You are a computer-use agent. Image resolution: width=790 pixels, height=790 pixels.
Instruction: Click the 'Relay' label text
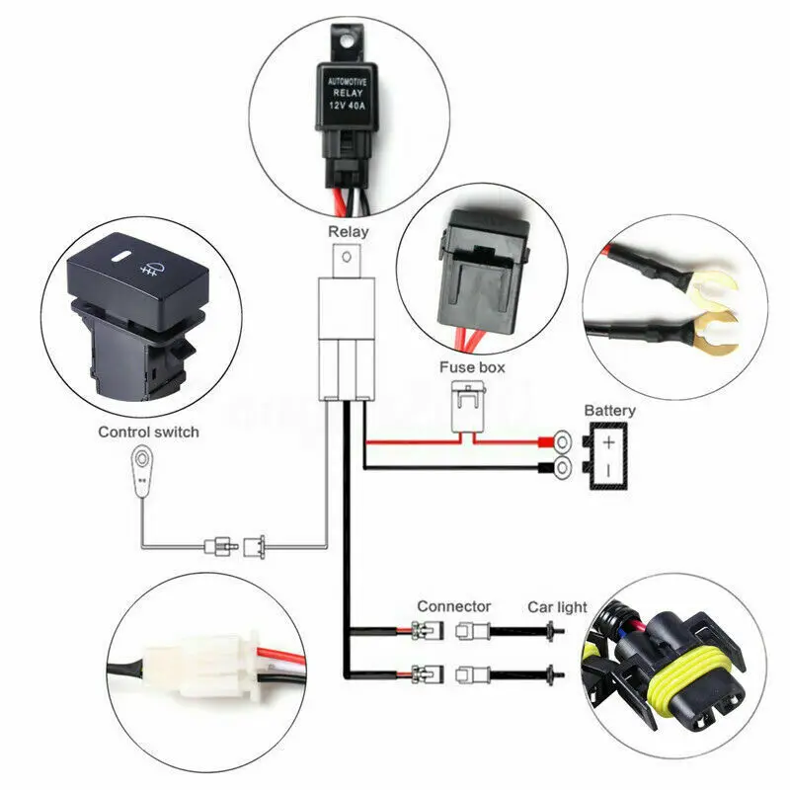click(348, 232)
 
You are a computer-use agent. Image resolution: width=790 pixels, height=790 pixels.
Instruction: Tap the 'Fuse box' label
click(472, 367)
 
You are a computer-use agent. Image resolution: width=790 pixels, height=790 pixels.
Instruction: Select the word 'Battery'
click(609, 410)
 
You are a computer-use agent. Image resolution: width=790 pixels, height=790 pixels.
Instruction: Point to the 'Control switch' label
click(148, 432)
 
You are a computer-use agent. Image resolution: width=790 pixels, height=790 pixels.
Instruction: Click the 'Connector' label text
click(453, 606)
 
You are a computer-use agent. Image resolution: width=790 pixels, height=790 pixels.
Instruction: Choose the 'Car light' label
click(556, 606)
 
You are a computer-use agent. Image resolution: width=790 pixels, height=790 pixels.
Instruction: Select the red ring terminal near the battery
click(562, 441)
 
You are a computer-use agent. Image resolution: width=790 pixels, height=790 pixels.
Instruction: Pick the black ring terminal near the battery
click(562, 467)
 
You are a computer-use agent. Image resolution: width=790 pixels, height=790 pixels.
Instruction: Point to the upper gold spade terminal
click(711, 289)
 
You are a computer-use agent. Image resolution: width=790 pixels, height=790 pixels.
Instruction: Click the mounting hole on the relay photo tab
click(345, 39)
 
